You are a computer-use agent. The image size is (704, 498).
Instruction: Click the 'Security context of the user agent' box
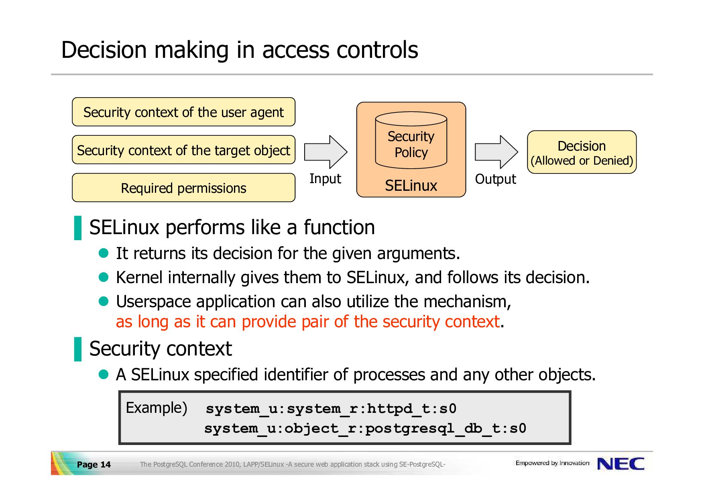click(183, 112)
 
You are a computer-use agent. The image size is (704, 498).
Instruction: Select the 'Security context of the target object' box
click(183, 150)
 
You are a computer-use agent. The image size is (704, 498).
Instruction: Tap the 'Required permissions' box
click(183, 188)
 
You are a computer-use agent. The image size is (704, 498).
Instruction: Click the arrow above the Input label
click(326, 152)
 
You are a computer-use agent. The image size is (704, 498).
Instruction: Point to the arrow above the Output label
click(496, 152)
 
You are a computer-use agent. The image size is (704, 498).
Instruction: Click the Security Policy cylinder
click(411, 140)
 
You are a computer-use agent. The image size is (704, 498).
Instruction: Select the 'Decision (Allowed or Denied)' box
click(582, 152)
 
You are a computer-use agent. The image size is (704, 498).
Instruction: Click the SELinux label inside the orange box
click(411, 186)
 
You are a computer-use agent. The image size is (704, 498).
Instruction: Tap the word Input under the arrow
click(325, 179)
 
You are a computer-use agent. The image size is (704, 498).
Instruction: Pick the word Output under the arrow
click(496, 179)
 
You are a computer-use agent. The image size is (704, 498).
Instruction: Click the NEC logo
click(621, 464)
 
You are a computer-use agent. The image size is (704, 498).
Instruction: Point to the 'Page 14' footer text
click(94, 465)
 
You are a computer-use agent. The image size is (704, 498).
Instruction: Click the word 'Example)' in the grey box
click(157, 408)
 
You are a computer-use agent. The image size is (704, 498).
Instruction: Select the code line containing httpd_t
click(331, 409)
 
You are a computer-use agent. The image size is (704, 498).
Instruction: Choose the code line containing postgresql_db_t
click(365, 429)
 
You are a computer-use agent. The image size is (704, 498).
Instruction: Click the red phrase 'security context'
click(441, 322)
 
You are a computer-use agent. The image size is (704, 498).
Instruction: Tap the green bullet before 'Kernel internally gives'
click(104, 277)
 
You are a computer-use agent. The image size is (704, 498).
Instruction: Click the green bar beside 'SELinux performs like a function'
click(78, 228)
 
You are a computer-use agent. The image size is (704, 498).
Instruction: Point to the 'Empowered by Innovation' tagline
click(552, 463)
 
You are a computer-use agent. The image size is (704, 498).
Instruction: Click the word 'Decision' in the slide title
click(104, 50)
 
